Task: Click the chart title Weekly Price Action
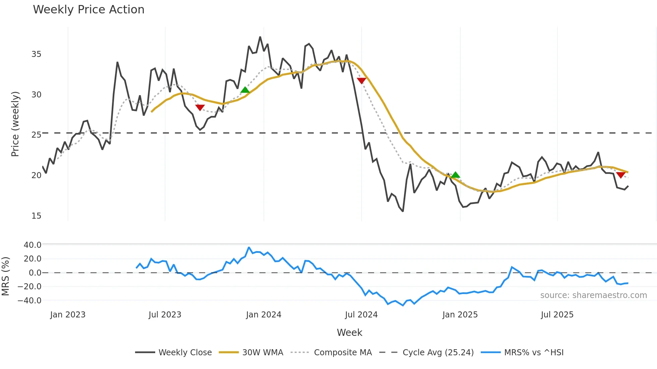(x=88, y=10)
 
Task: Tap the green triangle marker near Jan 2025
(x=455, y=175)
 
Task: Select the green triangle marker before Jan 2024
(x=245, y=90)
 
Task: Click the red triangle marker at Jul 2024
(x=361, y=81)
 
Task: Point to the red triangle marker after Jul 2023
(x=200, y=107)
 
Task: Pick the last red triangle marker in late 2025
(x=620, y=175)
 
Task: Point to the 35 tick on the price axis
(x=36, y=54)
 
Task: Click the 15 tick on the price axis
(x=36, y=216)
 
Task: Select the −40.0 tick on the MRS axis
(x=29, y=301)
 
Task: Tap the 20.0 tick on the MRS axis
(x=33, y=259)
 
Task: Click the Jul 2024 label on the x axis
(x=361, y=315)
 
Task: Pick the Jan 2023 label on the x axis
(x=68, y=315)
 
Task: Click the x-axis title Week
(x=349, y=333)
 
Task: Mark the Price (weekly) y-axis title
(x=15, y=124)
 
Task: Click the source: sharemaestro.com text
(x=593, y=295)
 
